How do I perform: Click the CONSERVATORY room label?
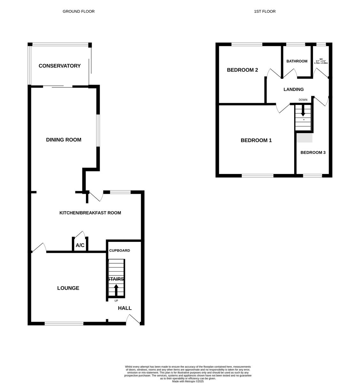pos(59,66)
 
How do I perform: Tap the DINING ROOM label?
pos(64,140)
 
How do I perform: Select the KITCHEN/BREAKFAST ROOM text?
pos(90,213)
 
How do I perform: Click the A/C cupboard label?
pos(80,245)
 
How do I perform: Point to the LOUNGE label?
pos(68,288)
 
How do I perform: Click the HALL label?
pos(125,308)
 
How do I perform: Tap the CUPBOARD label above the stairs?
pos(119,251)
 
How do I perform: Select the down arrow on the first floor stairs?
pos(303,111)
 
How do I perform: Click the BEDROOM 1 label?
pos(256,140)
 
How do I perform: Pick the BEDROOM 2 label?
pos(242,70)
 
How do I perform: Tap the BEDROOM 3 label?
pos(313,153)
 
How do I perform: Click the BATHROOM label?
pos(297,61)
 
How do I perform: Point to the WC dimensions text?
pos(321,61)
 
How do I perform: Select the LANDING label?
pos(294,89)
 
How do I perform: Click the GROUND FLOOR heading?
pos(79,11)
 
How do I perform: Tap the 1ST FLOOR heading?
pos(264,11)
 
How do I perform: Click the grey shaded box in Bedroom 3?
pos(304,138)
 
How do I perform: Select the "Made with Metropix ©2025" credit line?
pos(188,381)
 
